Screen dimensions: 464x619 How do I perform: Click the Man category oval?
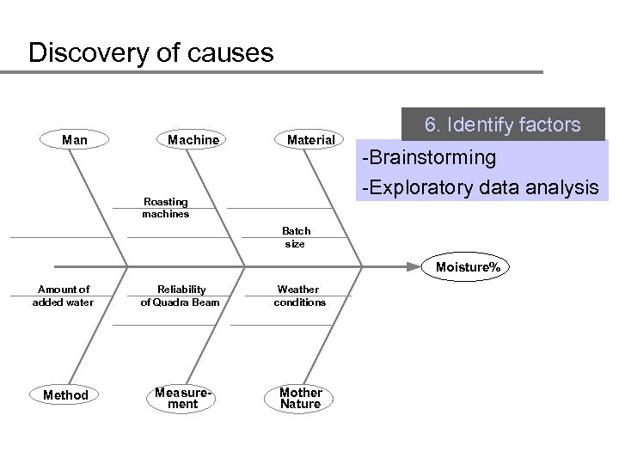click(75, 139)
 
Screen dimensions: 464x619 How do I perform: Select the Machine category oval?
click(193, 139)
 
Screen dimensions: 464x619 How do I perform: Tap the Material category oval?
click(310, 139)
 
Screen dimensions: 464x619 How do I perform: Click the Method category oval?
click(65, 394)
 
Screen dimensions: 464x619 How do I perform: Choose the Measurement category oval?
click(181, 397)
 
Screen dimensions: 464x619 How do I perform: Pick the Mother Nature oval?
click(300, 397)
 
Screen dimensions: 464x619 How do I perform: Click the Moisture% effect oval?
click(467, 267)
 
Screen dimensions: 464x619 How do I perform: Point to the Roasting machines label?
click(166, 208)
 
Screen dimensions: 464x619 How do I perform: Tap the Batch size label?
click(297, 237)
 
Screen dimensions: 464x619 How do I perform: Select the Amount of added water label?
click(63, 296)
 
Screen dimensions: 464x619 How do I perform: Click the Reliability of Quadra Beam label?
click(181, 296)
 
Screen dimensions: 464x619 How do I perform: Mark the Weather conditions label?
click(300, 296)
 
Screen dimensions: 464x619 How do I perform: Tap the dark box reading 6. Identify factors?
click(503, 125)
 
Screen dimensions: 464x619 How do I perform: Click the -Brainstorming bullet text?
click(429, 158)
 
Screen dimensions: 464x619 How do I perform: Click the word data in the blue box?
click(499, 186)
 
